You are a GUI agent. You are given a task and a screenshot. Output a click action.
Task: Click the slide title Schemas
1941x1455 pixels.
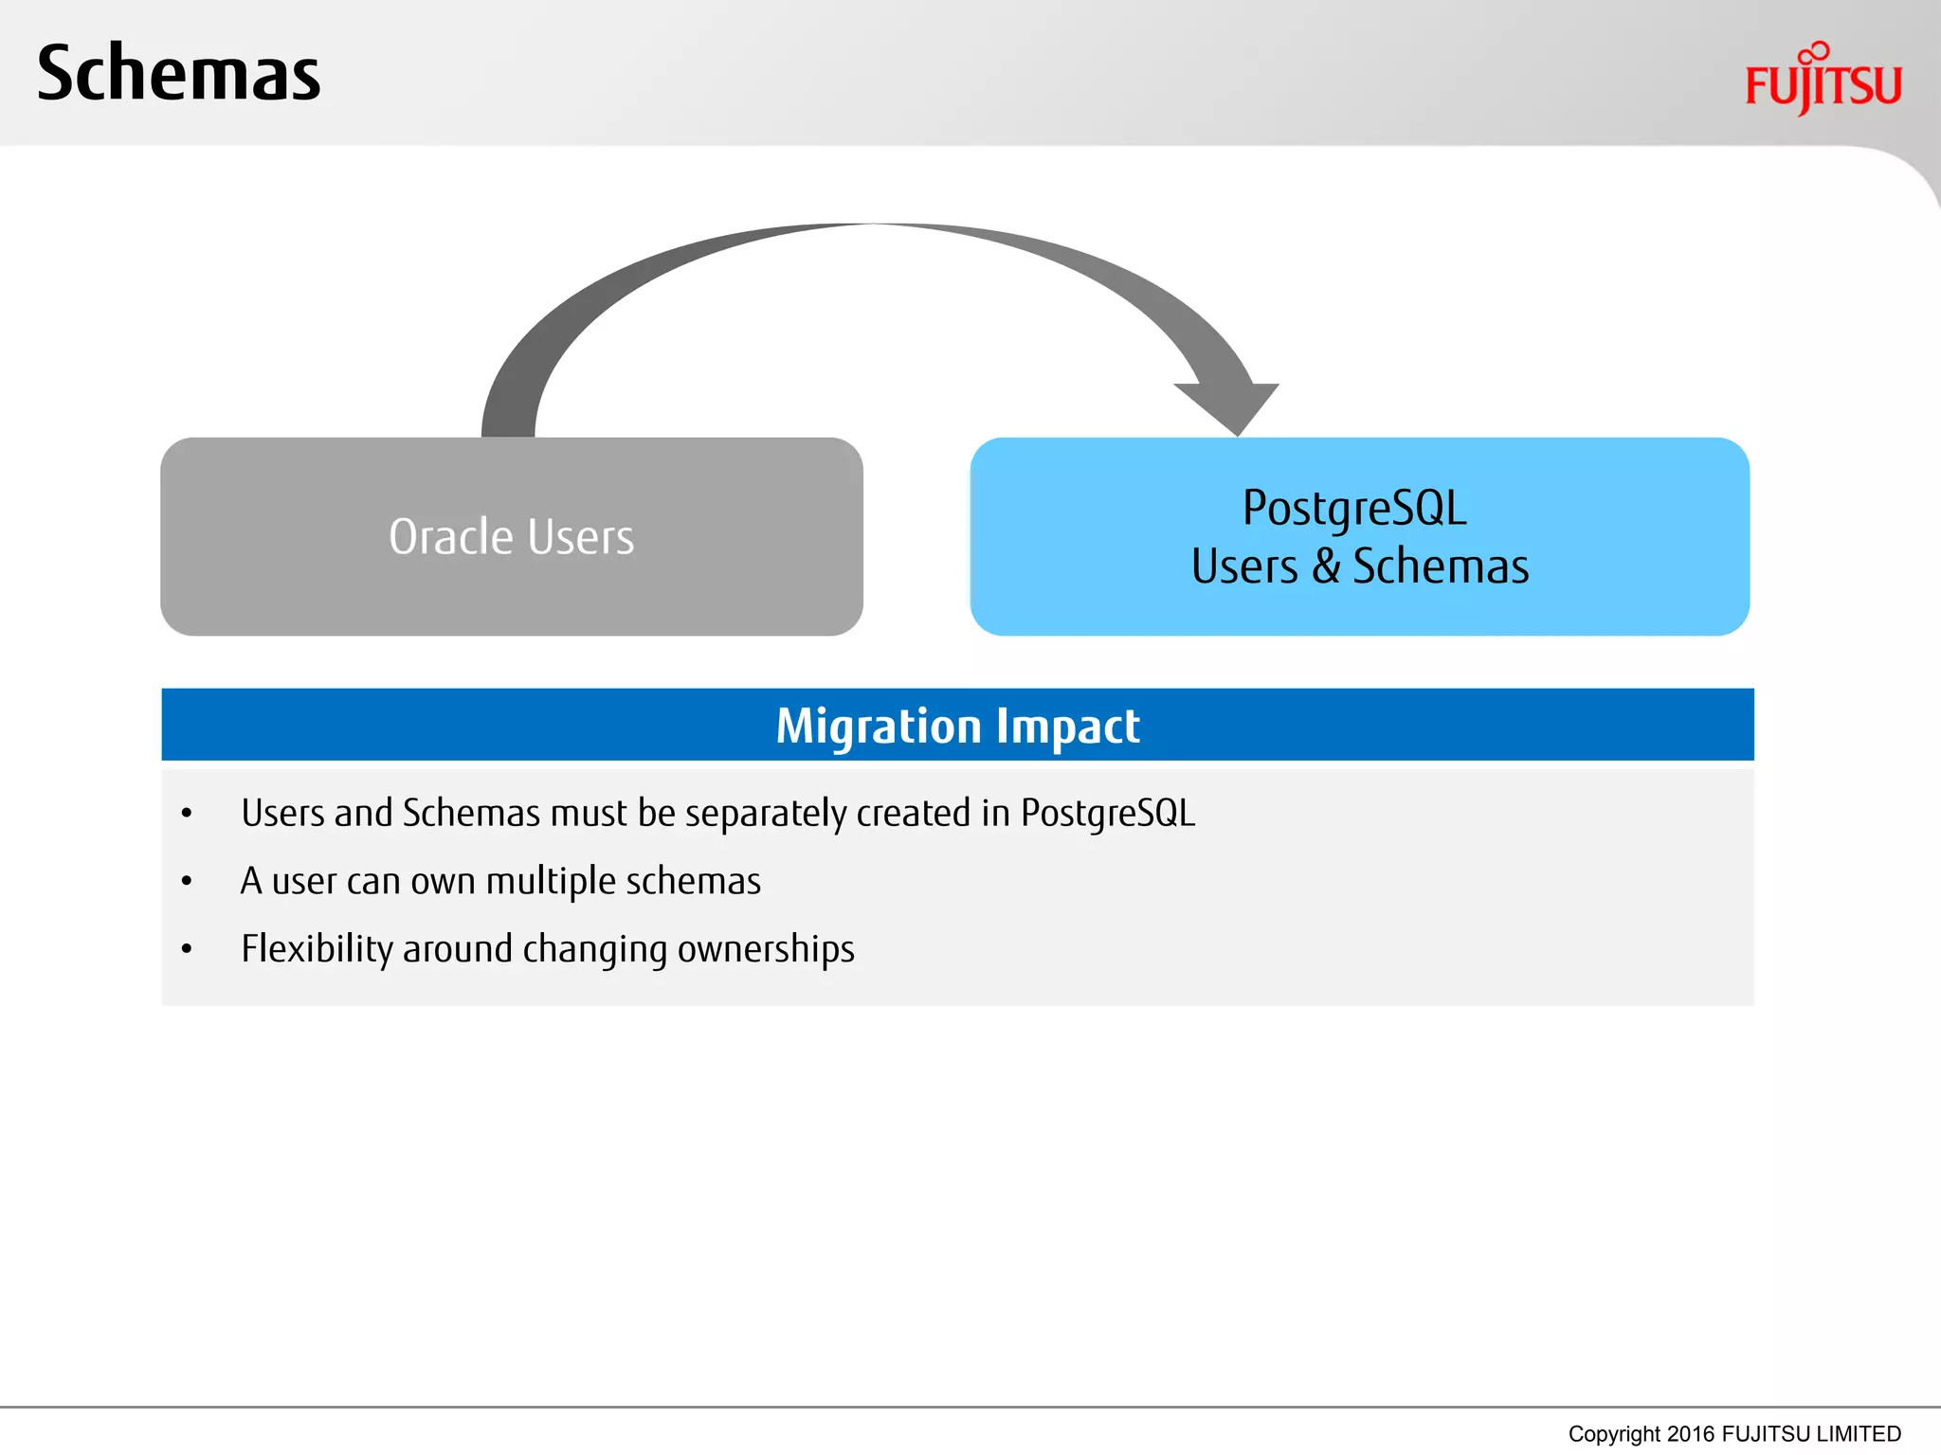(178, 74)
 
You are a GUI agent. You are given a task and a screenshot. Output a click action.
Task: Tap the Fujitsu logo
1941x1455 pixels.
(1822, 81)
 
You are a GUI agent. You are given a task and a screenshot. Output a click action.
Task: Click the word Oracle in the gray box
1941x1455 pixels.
(451, 537)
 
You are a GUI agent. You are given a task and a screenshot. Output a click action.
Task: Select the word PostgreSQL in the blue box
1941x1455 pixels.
(1353, 509)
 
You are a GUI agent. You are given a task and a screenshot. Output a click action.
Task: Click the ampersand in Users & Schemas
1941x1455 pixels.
(1326, 566)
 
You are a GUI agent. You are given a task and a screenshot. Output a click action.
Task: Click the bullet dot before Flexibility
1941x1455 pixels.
(187, 949)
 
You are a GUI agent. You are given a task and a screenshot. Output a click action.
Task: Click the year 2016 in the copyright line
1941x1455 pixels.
(1690, 1434)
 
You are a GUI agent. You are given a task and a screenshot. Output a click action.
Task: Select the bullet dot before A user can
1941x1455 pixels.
(187, 882)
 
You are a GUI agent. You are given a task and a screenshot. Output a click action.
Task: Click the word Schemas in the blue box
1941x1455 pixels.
(1440, 566)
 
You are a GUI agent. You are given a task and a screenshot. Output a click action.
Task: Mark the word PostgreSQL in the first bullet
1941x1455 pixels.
(1107, 814)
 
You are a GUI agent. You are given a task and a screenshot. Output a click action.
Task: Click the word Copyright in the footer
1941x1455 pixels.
(1613, 1434)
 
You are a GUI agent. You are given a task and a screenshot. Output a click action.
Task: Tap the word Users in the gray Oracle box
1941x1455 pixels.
(580, 537)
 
